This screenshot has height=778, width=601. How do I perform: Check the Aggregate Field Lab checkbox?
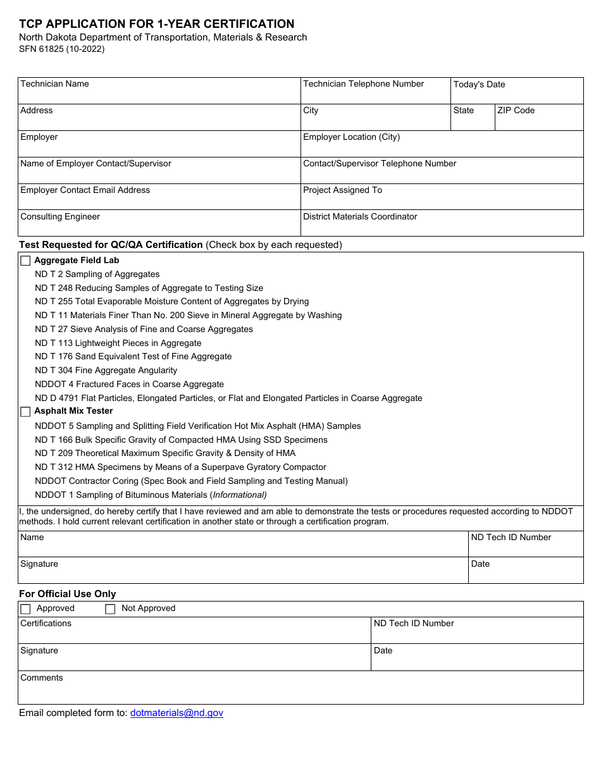click(x=25, y=261)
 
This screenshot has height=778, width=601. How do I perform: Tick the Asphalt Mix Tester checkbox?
click(x=25, y=412)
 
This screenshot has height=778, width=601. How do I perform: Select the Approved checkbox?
click(x=25, y=609)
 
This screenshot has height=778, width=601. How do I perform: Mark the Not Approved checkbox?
click(x=110, y=609)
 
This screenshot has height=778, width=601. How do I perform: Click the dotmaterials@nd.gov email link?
click(x=177, y=713)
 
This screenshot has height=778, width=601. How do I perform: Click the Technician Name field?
click(x=159, y=95)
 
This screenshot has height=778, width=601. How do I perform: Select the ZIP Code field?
click(x=538, y=121)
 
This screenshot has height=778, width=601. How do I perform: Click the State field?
click(x=472, y=121)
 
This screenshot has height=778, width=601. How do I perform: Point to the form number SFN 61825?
click(x=61, y=49)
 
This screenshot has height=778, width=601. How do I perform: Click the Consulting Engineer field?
click(x=159, y=227)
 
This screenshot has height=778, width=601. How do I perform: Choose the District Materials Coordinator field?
click(x=442, y=227)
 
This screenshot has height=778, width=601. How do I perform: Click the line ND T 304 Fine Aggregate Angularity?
click(x=106, y=371)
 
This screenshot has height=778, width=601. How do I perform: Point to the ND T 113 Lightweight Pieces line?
click(x=118, y=343)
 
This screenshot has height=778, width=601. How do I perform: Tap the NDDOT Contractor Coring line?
click(x=191, y=481)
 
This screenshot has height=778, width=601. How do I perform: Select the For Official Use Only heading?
click(x=68, y=594)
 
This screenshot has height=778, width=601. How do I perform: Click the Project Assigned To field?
click(x=442, y=201)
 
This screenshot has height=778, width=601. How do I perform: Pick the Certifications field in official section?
click(x=194, y=634)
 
